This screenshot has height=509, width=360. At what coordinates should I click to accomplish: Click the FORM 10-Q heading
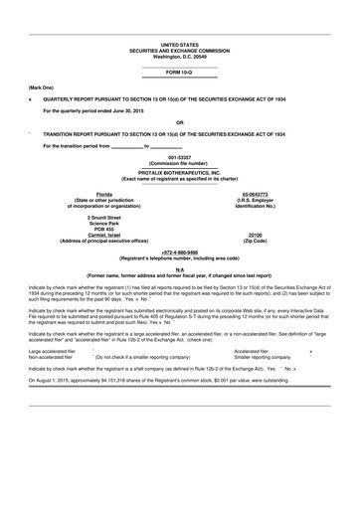point(180,74)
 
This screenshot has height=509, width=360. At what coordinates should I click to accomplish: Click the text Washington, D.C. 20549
point(180,56)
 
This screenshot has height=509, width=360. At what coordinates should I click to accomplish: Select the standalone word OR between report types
point(180,122)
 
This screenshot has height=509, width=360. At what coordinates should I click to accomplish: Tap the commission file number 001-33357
point(180,157)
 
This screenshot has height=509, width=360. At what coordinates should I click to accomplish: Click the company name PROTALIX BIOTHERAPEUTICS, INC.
point(180,168)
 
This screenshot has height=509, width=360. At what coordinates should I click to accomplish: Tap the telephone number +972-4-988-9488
point(180,253)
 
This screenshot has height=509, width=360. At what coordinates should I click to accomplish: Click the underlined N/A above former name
point(180,269)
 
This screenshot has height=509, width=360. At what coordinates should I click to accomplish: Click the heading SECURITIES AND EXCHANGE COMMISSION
point(180,50)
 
